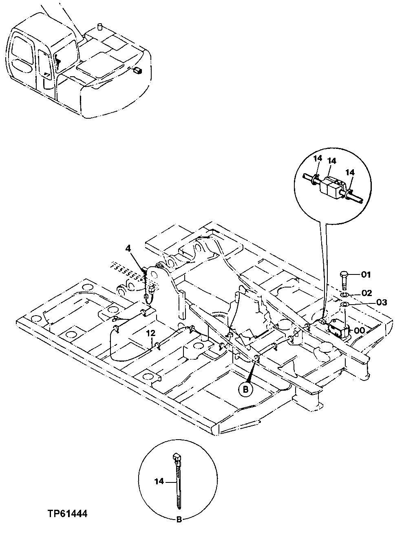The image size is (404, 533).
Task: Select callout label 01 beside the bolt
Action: coord(366,274)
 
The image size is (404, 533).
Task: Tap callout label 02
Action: coord(366,293)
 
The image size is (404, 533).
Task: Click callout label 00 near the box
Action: coord(359,331)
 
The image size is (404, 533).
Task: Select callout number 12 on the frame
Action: coord(150,333)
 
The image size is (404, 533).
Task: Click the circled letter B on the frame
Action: coord(246,389)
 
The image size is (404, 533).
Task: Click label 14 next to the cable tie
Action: coord(159,482)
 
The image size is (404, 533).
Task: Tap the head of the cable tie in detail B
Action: coord(177,459)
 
